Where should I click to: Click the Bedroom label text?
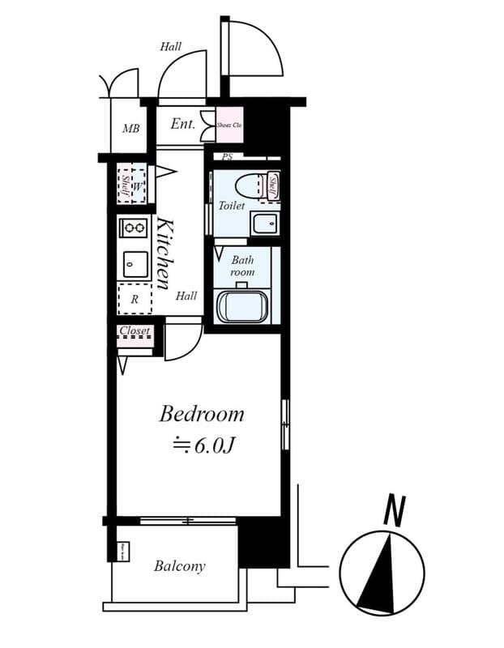tap(201, 414)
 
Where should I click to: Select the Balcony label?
tap(179, 566)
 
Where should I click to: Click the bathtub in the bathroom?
tap(242, 307)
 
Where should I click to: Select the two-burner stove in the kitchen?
tap(134, 228)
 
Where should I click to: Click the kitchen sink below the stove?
tap(135, 264)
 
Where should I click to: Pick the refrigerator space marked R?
tap(135, 299)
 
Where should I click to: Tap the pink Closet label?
tap(135, 330)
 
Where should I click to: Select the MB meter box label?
tap(130, 128)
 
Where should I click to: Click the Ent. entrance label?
tap(182, 125)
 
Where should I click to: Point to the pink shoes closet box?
tap(229, 125)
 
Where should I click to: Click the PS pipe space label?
tap(227, 157)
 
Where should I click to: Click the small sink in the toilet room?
tap(263, 224)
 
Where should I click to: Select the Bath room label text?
tap(242, 266)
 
